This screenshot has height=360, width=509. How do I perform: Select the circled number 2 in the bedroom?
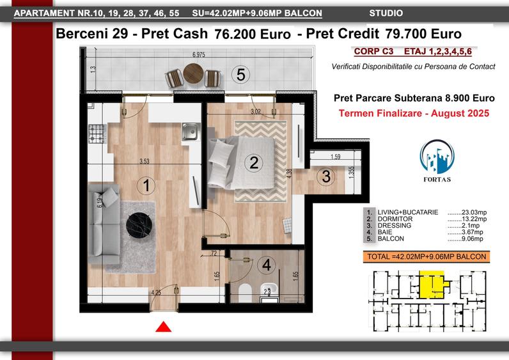pos(254,162)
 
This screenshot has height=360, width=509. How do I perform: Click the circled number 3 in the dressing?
pos(326,177)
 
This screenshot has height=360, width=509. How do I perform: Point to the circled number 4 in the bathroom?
pos(266,263)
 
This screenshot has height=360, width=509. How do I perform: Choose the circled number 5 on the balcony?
pos(240,75)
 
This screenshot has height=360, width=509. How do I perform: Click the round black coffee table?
pos(140,224)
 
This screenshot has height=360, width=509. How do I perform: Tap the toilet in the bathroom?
pos(242,292)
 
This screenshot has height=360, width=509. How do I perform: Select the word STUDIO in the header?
pos(386,13)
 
